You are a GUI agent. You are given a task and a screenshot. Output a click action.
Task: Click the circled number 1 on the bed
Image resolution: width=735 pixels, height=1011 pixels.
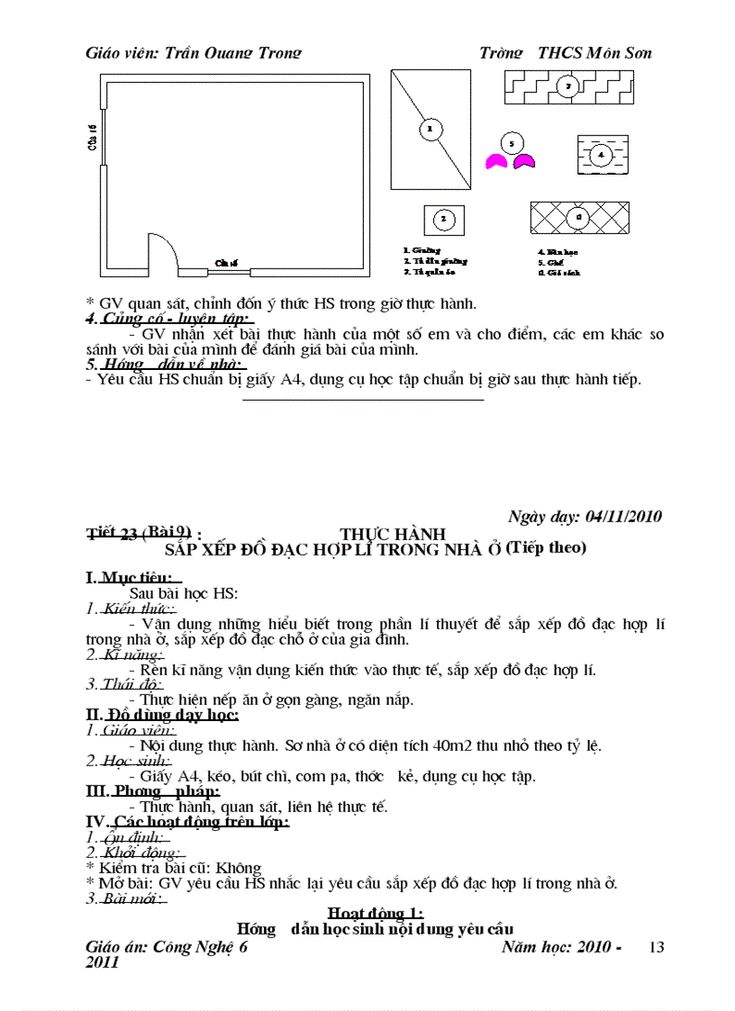pos(430,130)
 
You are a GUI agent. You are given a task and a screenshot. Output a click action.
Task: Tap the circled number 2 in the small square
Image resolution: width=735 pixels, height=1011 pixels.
pos(443,219)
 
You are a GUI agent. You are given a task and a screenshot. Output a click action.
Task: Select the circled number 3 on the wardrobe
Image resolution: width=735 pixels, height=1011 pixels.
pos(567,86)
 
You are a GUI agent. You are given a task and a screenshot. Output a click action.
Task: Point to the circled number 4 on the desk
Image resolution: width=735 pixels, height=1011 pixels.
pos(601,156)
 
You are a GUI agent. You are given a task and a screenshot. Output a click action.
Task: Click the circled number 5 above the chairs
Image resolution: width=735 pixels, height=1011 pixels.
pos(511,143)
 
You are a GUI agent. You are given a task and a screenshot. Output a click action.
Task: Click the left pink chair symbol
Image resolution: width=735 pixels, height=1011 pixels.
pos(495,162)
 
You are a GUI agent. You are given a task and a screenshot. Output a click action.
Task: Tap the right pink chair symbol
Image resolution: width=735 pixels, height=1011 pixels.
pos(524,162)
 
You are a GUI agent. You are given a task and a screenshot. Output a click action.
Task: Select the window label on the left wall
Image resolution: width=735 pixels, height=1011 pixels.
pos(93,138)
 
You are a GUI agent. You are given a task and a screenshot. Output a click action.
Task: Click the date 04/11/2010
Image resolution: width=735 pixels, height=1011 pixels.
pos(622,517)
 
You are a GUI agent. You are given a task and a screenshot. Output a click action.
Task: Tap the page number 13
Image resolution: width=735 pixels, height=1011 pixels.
pos(656,947)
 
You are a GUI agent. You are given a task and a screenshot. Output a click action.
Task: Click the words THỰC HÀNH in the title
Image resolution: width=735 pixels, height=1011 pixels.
pos(393,534)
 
